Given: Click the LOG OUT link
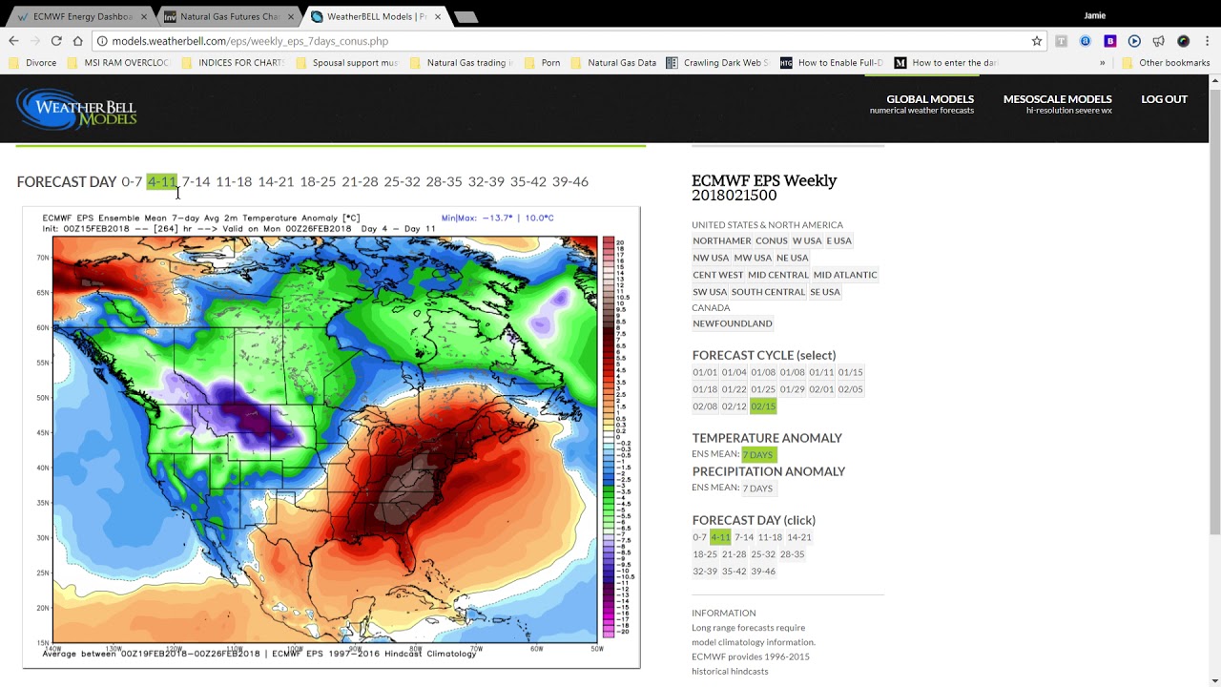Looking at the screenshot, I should [x=1164, y=99].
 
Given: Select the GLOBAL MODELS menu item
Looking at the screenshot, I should [x=930, y=99].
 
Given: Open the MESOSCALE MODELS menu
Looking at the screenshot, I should [x=1057, y=99].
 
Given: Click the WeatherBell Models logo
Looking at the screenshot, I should [x=77, y=109].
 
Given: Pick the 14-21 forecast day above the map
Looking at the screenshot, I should [x=276, y=181].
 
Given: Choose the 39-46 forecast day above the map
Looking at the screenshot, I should [x=569, y=181].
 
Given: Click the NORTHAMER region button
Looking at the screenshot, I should [x=721, y=240].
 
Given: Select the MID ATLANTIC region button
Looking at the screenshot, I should [x=844, y=275].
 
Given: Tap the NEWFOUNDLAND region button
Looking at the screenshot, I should [x=733, y=323].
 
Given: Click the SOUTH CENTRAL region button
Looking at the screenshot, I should [x=768, y=292].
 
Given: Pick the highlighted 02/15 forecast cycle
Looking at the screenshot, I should [x=763, y=406].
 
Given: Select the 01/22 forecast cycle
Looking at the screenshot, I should [x=734, y=389].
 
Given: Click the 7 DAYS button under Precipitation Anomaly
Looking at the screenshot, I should [x=757, y=489].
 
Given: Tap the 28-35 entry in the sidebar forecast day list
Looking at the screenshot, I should [x=792, y=554].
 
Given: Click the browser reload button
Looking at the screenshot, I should [x=56, y=41].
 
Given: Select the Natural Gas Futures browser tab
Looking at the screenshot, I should [x=222, y=16].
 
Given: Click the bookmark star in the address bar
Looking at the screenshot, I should [x=1037, y=41].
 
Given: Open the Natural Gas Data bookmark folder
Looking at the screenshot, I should [x=621, y=63].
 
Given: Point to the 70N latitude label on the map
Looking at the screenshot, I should [x=43, y=258].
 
